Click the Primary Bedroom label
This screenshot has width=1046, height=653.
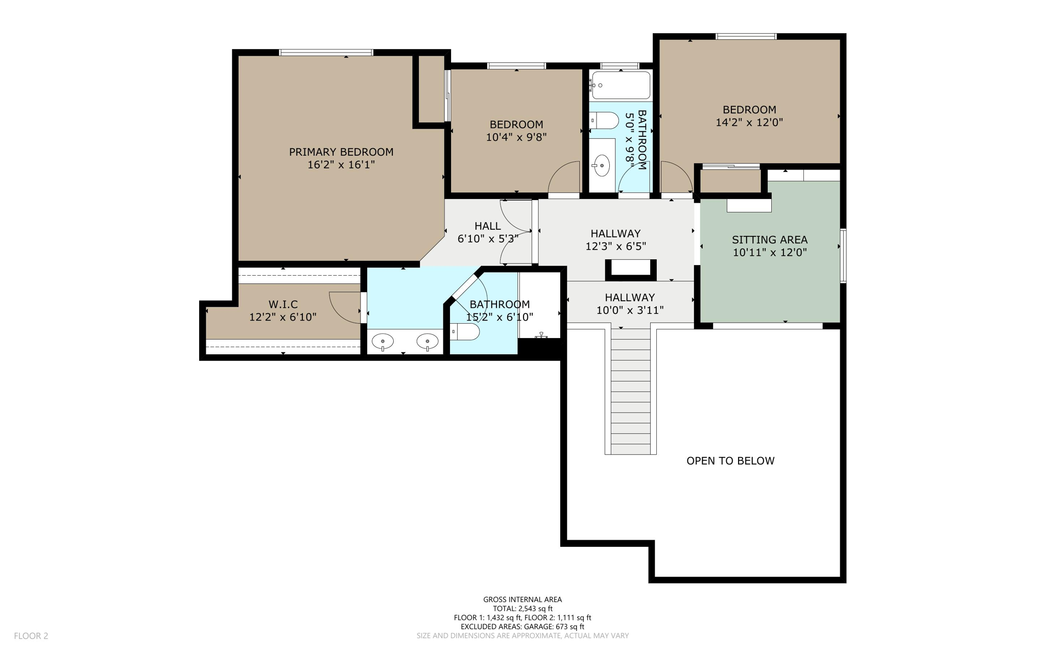click(341, 152)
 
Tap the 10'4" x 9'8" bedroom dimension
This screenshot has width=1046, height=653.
click(516, 137)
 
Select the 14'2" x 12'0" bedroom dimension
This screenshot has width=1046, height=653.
click(749, 122)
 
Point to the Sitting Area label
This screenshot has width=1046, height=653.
click(770, 239)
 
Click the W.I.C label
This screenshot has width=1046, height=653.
click(283, 304)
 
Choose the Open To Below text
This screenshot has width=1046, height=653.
click(730, 461)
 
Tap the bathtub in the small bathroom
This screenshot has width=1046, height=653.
click(621, 85)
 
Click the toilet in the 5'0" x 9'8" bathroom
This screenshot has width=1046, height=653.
click(604, 121)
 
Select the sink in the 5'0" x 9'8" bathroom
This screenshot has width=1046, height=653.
click(602, 165)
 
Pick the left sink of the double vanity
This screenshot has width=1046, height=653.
click(383, 341)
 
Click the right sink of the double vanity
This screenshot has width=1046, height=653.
click(427, 341)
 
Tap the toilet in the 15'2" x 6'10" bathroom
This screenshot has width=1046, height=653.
click(465, 332)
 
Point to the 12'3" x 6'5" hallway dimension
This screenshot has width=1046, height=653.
click(615, 246)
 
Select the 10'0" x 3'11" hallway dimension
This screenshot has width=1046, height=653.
click(630, 310)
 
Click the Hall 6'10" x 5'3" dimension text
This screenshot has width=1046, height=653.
click(488, 238)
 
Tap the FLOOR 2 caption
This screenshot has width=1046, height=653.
click(31, 636)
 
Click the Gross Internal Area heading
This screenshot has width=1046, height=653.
click(522, 599)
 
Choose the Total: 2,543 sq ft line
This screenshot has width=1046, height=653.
click(522, 609)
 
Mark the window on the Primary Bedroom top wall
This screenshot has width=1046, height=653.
click(326, 53)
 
